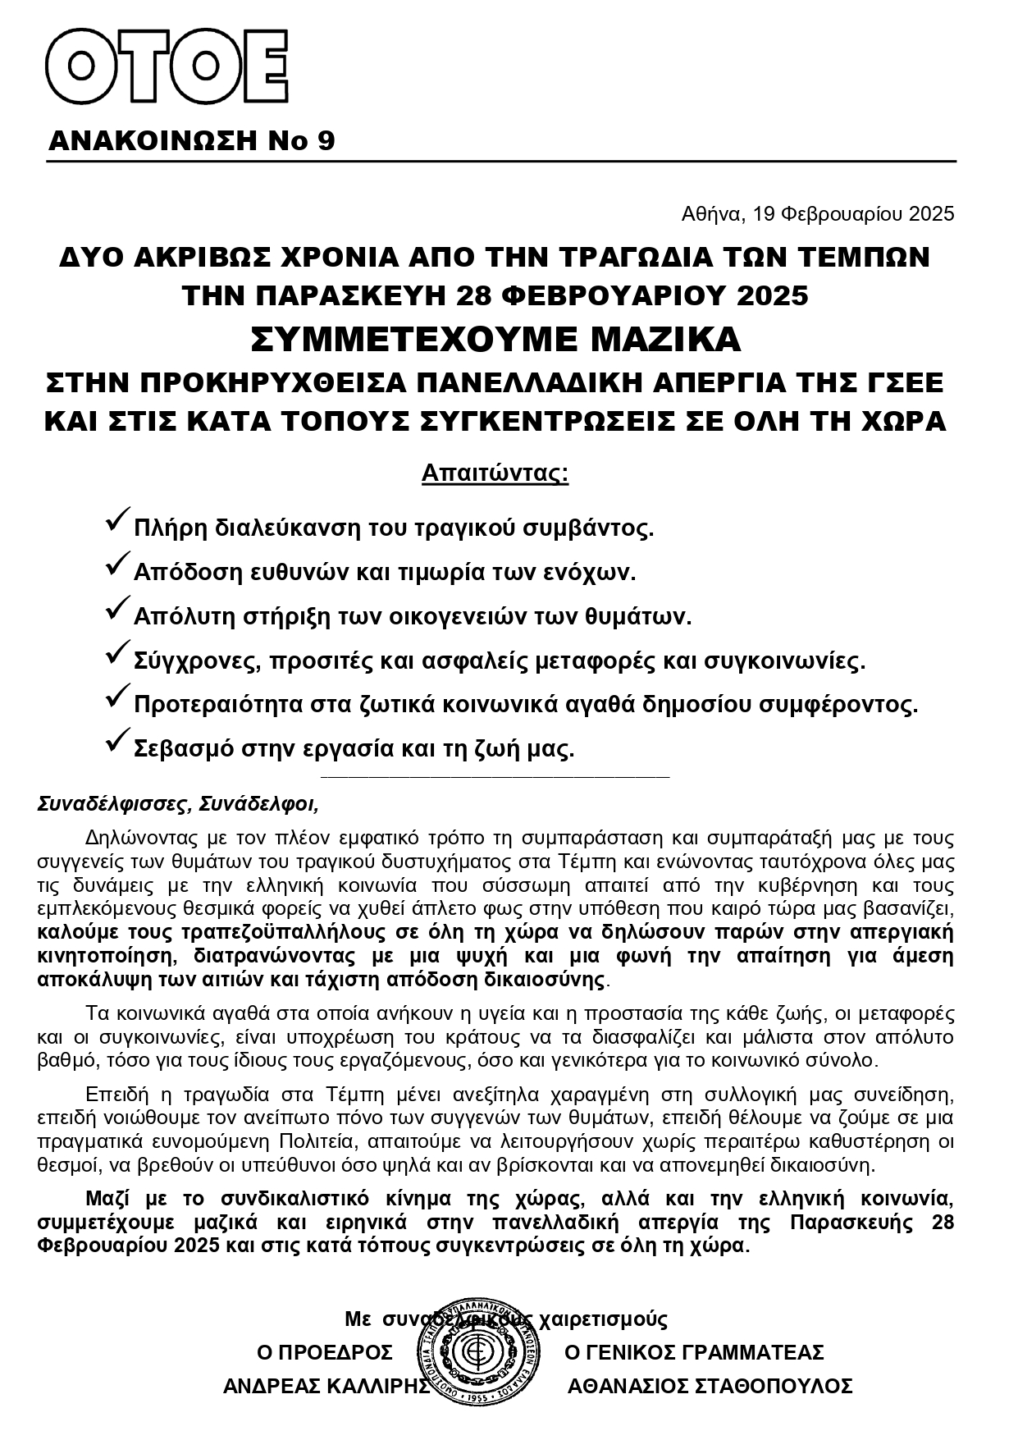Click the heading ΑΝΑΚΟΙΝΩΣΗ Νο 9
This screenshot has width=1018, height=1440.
coord(192,141)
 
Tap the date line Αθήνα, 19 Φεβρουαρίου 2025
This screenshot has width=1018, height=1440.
coord(818,214)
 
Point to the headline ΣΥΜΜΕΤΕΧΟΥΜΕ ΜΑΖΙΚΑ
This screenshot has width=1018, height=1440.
coord(495,339)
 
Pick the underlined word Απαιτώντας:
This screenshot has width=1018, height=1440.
coord(495,473)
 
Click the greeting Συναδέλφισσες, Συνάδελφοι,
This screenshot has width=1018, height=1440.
coord(178,804)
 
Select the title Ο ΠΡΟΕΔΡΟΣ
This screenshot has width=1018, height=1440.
coord(325,1351)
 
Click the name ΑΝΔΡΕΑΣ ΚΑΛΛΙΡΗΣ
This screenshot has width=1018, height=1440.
coord(326,1386)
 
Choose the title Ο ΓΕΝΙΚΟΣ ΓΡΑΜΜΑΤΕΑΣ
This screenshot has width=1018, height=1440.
coord(694,1351)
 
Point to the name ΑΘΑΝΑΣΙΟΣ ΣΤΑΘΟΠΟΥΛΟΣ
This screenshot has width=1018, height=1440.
coord(710,1386)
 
